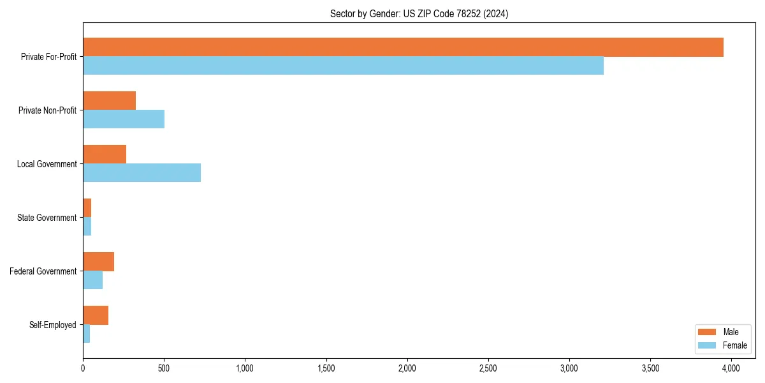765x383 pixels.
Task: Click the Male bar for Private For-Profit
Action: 403,47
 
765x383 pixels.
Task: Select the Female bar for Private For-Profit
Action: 343,65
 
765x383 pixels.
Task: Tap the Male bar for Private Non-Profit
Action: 109,101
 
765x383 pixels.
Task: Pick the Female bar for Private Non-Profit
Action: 124,119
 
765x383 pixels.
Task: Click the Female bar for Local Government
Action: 142,172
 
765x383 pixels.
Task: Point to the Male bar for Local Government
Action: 105,154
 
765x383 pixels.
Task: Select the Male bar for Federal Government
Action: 98,262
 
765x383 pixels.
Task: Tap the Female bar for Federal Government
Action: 92,280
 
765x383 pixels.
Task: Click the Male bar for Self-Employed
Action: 96,315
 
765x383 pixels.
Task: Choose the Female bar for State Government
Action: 87,226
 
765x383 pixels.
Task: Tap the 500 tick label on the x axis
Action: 164,368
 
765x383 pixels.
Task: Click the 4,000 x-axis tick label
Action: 731,368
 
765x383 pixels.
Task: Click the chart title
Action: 419,14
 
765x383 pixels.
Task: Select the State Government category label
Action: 47,218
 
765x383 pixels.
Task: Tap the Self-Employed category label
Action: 52,325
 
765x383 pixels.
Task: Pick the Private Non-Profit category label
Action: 47,110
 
